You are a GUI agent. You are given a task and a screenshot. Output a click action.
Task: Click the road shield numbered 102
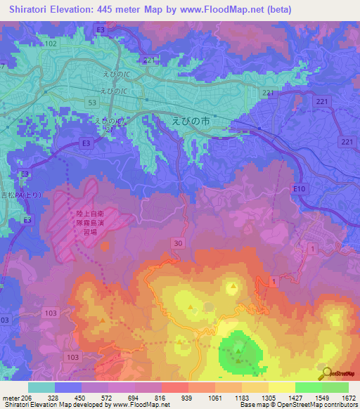[50, 44]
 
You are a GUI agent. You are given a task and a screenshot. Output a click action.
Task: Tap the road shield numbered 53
[91, 103]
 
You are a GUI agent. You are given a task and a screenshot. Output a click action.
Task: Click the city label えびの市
[191, 121]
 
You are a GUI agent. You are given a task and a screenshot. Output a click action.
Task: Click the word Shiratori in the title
[30, 8]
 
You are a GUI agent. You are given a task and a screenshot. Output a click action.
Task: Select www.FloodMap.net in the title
[226, 8]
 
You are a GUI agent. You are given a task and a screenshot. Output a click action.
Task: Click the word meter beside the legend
[11, 398]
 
